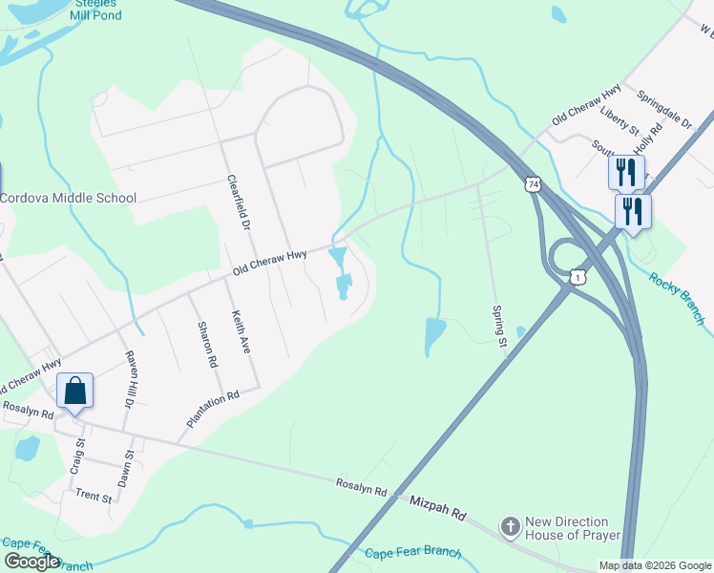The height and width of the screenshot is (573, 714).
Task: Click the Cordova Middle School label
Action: click(x=68, y=198)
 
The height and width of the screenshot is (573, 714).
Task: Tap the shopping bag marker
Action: click(x=74, y=392)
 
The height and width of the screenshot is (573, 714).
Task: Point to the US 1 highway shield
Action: click(x=577, y=276)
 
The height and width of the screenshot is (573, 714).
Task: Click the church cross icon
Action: click(x=511, y=528)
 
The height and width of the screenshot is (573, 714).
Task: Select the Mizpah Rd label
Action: click(x=437, y=507)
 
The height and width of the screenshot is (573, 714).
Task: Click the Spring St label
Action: click(x=498, y=325)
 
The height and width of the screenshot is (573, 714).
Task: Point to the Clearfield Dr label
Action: click(x=238, y=202)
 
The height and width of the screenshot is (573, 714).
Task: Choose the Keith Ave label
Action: click(x=241, y=332)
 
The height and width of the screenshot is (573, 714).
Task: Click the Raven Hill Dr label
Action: click(x=131, y=378)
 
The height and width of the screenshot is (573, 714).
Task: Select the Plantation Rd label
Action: click(x=212, y=409)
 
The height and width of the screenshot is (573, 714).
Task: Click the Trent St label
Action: click(x=94, y=498)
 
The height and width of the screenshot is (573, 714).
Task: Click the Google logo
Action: click(x=31, y=562)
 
